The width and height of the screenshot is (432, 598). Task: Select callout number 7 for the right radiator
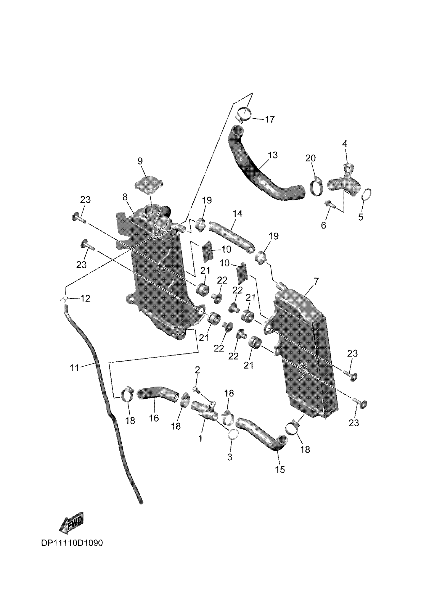(316, 281)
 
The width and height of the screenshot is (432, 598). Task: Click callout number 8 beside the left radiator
(125, 197)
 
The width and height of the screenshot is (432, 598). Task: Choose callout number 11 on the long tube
(74, 367)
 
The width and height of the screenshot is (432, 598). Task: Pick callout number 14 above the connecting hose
(237, 213)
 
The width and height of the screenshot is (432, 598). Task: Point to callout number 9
(140, 161)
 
